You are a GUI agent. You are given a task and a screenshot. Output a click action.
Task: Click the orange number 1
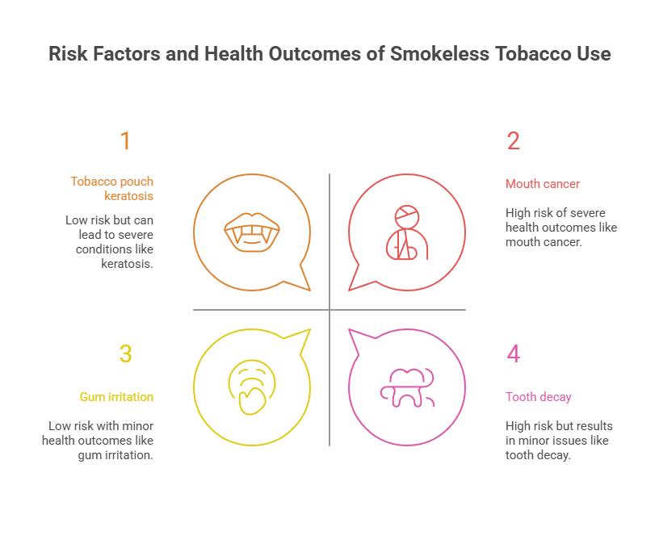pyautogui.click(x=125, y=141)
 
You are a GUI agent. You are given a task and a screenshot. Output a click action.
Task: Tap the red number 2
pyautogui.click(x=514, y=141)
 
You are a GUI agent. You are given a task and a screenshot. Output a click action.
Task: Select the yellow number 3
pyautogui.click(x=125, y=354)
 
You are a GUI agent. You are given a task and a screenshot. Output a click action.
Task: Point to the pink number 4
pyautogui.click(x=514, y=354)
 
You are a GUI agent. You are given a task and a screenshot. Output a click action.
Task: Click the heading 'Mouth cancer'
pyautogui.click(x=543, y=184)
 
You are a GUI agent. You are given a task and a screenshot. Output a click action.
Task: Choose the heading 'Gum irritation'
pyautogui.click(x=116, y=397)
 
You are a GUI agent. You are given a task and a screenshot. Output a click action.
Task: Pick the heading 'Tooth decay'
pyautogui.click(x=539, y=397)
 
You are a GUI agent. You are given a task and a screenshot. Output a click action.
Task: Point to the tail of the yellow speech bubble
pyautogui.click(x=303, y=336)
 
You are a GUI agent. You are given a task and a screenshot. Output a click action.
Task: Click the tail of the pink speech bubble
pyautogui.click(x=356, y=336)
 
